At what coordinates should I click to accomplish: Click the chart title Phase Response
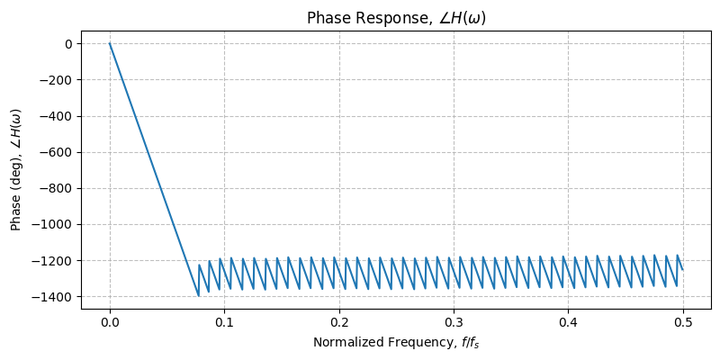(396, 18)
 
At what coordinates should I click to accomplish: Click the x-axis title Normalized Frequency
(396, 343)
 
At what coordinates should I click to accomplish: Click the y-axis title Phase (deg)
(17, 169)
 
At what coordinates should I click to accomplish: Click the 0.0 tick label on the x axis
(110, 322)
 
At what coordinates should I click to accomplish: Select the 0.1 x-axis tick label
(224, 322)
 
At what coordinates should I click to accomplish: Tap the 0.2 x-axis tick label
(339, 322)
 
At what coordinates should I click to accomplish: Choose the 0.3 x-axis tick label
(454, 322)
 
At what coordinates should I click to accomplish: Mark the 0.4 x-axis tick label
(568, 322)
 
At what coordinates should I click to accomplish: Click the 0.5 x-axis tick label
(682, 322)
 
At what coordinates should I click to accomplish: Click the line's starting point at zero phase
(110, 43)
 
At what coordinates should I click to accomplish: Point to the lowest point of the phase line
(198, 295)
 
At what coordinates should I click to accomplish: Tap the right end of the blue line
(682, 270)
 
